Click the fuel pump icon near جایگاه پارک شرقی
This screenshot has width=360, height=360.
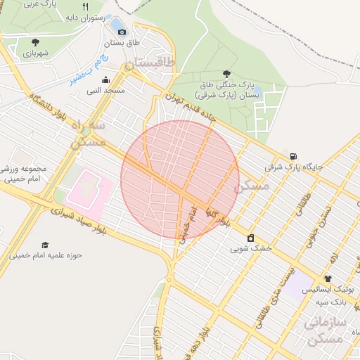coord(292,156)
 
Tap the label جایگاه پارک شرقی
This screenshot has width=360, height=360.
coord(293,167)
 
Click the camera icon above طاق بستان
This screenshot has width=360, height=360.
coord(122,32)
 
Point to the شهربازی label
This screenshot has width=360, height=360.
coord(33,53)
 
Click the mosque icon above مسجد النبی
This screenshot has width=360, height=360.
coord(105,79)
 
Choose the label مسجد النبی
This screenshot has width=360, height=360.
coord(105,90)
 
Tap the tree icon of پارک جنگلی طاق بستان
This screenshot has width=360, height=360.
coord(226,74)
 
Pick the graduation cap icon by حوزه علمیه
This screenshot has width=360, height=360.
coord(45,245)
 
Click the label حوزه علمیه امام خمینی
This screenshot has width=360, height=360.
coord(46,255)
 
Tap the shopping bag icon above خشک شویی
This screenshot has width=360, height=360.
coord(251,238)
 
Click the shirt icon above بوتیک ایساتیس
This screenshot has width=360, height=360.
coord(328,278)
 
